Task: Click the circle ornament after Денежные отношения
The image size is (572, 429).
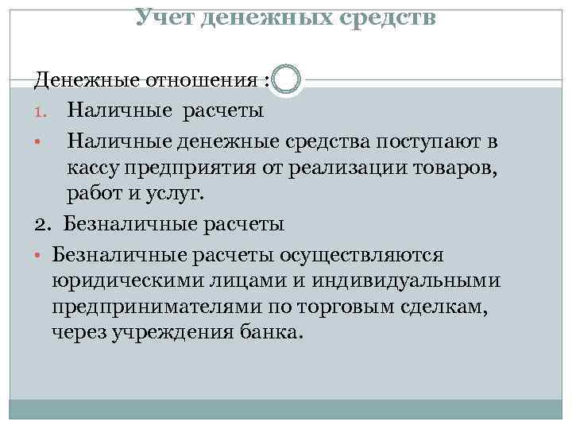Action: pyautogui.click(x=286, y=80)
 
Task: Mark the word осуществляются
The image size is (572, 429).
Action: pyautogui.click(x=367, y=254)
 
